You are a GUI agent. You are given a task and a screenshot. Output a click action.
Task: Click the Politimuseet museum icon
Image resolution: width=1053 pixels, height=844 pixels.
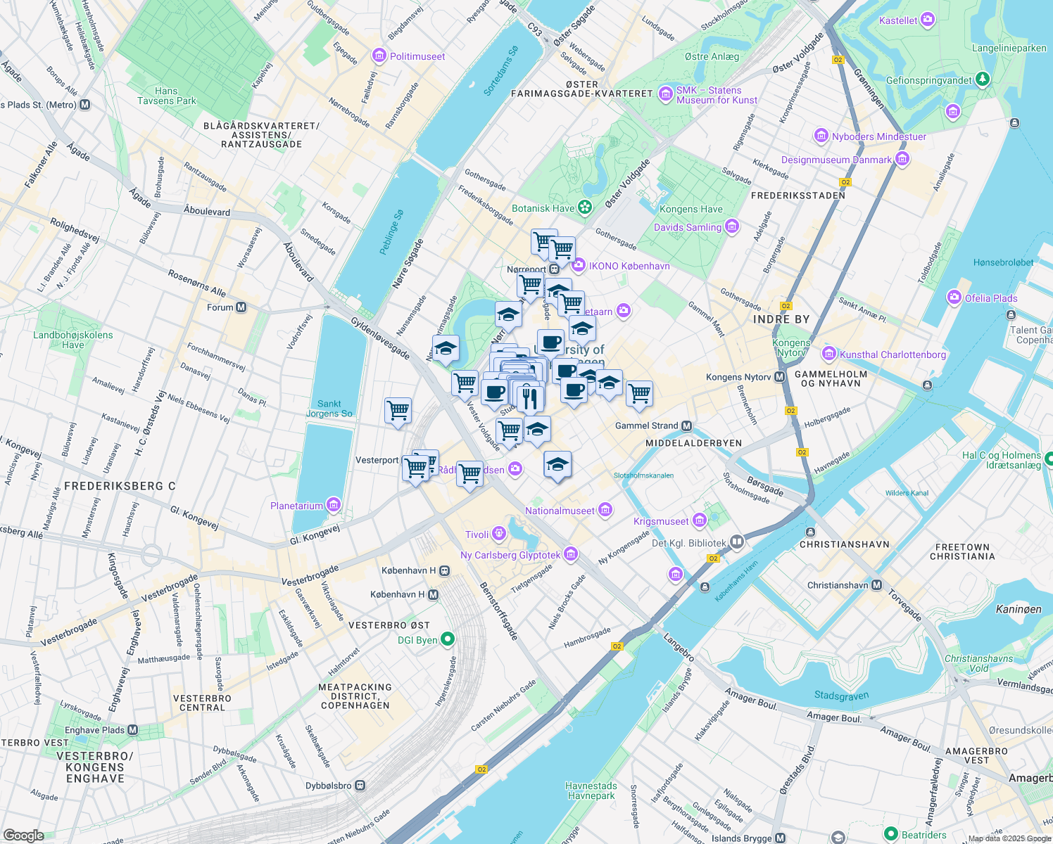point(379,56)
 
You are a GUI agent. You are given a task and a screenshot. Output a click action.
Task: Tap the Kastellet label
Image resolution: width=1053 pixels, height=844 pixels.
point(898,20)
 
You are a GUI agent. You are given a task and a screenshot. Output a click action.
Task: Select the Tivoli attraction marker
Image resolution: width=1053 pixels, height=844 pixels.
point(499,534)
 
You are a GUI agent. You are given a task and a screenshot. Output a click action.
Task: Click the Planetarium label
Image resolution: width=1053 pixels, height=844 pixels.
point(296,506)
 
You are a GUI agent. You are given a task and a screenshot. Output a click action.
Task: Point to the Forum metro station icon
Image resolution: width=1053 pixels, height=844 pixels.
point(241,307)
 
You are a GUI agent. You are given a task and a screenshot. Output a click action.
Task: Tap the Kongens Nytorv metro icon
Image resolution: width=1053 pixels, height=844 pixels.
point(779,377)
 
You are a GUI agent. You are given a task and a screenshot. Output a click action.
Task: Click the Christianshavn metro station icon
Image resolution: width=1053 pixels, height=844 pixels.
point(876,585)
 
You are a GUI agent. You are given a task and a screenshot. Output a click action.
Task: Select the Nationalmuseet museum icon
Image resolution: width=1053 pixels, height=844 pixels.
point(605,511)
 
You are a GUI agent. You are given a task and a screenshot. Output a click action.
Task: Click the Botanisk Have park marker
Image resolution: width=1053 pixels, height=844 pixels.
point(584,207)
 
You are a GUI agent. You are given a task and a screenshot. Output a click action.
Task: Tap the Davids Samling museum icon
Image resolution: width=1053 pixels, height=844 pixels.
point(732,226)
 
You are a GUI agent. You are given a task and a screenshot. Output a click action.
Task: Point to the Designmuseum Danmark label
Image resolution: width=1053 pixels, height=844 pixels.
point(836,160)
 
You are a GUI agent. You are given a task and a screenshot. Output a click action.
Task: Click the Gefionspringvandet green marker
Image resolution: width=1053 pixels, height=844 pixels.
point(983,79)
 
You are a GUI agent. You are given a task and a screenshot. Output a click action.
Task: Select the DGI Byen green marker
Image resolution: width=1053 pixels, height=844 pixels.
point(448,639)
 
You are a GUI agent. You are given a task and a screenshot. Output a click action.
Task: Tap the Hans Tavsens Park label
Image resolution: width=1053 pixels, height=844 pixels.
point(167,96)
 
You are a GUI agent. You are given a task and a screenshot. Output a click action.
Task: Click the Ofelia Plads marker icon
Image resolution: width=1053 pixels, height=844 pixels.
point(954,298)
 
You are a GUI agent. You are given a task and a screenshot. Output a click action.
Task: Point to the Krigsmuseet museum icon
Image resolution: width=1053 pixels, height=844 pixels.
point(699,520)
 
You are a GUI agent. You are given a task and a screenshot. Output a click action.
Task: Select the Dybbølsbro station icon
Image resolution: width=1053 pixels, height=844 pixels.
point(360,786)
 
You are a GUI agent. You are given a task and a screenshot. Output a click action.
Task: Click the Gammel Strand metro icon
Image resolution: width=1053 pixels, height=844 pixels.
point(687,426)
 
